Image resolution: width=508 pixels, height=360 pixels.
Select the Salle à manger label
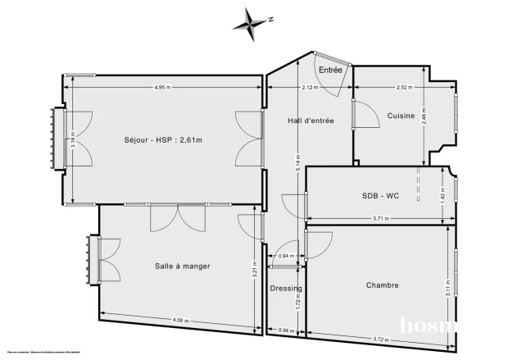(x=183, y=266)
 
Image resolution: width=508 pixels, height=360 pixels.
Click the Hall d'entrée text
(x=311, y=121)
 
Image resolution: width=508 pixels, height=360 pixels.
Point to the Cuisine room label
(x=400, y=116)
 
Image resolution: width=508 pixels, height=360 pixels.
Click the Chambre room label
(x=383, y=285)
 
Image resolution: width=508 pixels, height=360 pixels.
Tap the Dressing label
(x=286, y=289)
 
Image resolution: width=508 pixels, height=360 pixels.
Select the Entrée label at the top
(x=330, y=71)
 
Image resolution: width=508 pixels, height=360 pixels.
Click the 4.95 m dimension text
(x=165, y=87)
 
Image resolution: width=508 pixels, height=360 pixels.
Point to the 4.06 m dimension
(x=182, y=320)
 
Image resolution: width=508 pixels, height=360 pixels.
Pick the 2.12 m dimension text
(x=310, y=87)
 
